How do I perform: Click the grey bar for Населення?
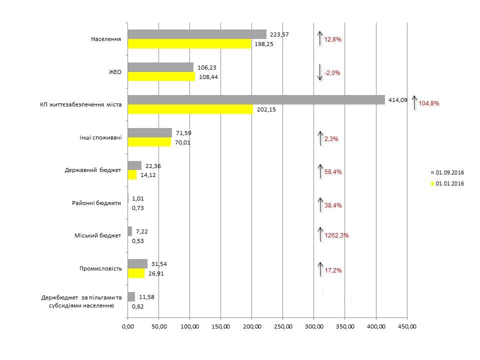[197, 34]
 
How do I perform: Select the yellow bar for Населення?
[189, 43]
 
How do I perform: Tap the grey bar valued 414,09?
[256, 99]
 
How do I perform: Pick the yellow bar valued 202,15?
[190, 109]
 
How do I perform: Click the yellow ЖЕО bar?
[161, 76]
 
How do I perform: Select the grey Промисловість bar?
[137, 263]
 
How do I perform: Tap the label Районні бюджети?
[97, 203]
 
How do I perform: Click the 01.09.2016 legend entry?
[450, 172]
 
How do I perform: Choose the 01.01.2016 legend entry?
[450, 183]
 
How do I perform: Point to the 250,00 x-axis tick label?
[283, 326]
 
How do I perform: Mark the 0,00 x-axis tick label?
[128, 326]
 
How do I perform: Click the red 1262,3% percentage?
[336, 235]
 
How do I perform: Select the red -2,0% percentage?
[332, 72]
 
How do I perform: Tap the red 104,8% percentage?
[428, 103]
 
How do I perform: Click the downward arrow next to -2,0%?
[320, 72]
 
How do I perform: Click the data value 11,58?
[147, 296]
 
